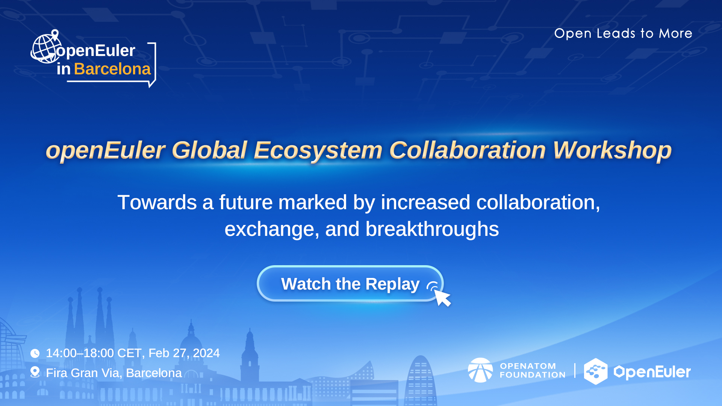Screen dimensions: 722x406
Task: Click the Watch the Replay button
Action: pos(350,284)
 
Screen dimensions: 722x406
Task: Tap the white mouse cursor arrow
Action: pos(442,297)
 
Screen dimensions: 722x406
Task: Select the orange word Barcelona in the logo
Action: pos(112,69)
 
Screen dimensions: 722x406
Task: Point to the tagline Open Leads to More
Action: pos(623,33)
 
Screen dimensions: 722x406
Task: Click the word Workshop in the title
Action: pos(612,150)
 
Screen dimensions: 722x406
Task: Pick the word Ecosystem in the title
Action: pos(318,150)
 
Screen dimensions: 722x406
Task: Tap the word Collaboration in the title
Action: pos(467,150)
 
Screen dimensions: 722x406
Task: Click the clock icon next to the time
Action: pos(35,353)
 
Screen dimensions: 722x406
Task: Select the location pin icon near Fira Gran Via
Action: pos(35,372)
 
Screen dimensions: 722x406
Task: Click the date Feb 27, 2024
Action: pos(184,353)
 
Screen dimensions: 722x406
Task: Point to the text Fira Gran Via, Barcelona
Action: pos(114,373)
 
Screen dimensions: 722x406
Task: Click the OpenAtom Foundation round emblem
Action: pos(480,370)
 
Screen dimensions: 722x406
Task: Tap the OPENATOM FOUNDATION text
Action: pos(533,370)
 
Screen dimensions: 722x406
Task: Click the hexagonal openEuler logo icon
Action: pos(596,371)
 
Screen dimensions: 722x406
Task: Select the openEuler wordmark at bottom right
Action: pos(652,372)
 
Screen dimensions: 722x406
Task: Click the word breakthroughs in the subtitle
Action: pos(432,229)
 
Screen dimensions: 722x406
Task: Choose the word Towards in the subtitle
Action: pos(157,202)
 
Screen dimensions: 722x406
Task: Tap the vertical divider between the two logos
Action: pos(575,370)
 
